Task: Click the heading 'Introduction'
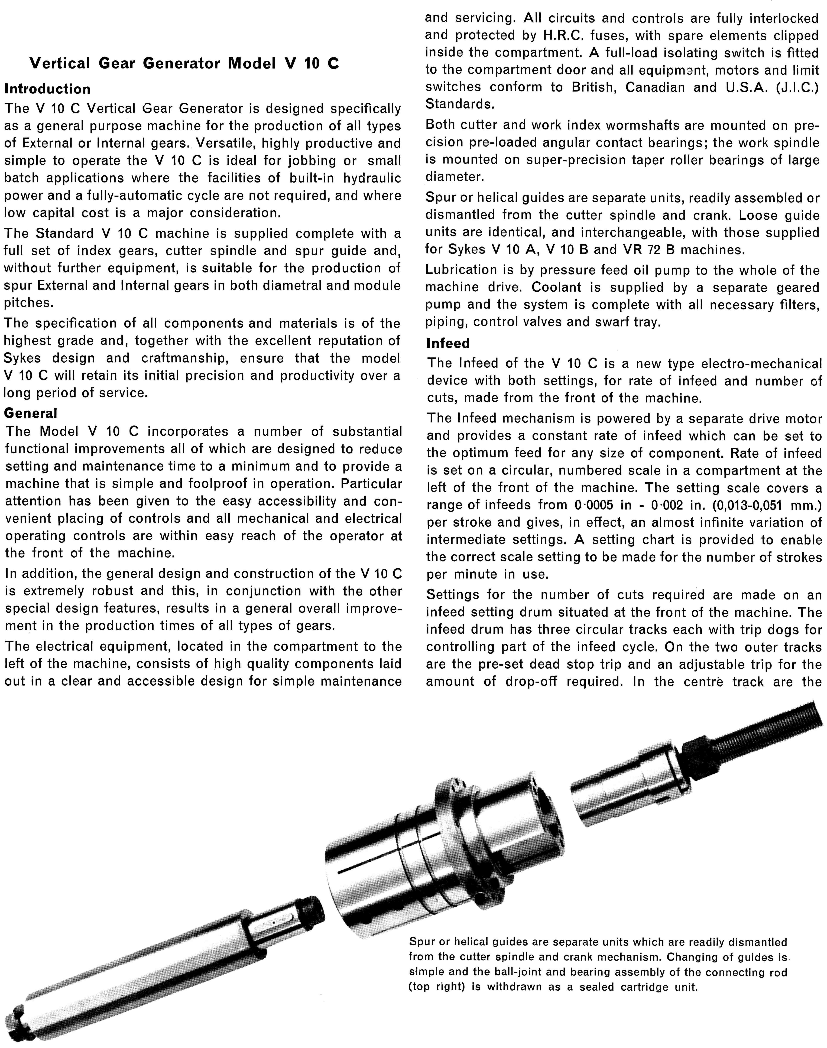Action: [x=47, y=89]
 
